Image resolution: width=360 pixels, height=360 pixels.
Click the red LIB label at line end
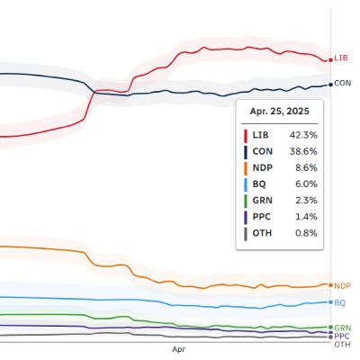pos(341,58)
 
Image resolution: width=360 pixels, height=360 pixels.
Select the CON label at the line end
pos(342,84)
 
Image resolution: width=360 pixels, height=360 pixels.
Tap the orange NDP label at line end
pos(342,285)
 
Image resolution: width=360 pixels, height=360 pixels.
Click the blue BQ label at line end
pos(339,303)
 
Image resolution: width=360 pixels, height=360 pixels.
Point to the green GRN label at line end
pos(342,328)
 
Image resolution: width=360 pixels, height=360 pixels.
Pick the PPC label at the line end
pos(342,336)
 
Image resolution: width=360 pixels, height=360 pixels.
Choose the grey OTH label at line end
pos(342,344)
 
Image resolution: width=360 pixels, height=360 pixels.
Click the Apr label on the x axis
pos(177,347)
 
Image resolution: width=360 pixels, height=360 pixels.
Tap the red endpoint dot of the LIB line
pos(329,59)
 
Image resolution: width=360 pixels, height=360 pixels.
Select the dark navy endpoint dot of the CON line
pos(329,85)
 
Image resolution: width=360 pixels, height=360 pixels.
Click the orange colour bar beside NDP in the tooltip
pos(246,167)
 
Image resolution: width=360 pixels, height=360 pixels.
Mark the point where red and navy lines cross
pos(94,90)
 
